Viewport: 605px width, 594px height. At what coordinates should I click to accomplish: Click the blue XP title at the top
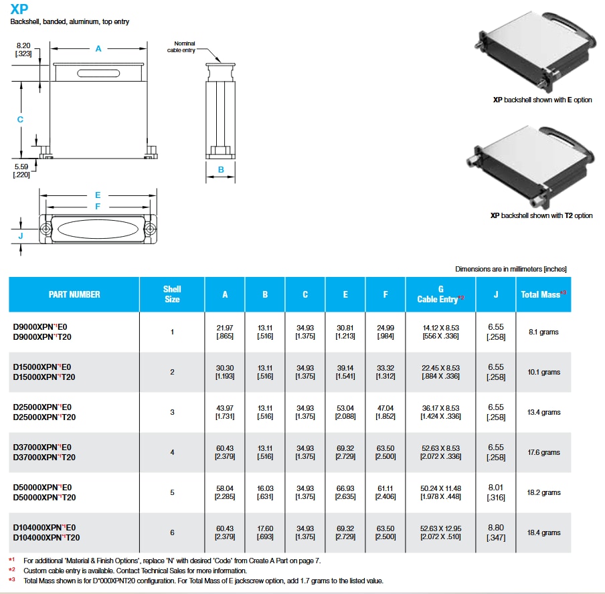[19, 9]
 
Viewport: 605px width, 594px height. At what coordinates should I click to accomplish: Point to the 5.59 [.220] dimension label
[22, 171]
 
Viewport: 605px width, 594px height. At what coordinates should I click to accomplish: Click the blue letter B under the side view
[221, 170]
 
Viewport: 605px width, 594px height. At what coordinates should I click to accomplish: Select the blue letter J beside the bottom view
[21, 235]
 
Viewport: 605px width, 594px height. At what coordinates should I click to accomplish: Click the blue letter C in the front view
[21, 119]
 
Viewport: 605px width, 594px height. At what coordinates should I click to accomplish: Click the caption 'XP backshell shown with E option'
[542, 100]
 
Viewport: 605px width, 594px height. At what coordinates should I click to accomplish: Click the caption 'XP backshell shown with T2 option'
[541, 215]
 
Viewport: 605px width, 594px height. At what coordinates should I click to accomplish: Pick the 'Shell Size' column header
[172, 294]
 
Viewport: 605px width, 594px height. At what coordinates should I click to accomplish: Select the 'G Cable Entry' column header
[440, 294]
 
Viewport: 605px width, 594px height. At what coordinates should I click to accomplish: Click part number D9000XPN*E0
[40, 327]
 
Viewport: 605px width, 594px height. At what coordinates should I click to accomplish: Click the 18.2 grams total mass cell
[543, 492]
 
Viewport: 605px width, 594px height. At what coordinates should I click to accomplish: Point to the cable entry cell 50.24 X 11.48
[440, 488]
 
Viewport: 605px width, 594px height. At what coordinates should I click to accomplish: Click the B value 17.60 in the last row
[265, 528]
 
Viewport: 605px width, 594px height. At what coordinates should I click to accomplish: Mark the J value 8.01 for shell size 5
[496, 488]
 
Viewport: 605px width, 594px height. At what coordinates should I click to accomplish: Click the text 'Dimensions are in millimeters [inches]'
[511, 269]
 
